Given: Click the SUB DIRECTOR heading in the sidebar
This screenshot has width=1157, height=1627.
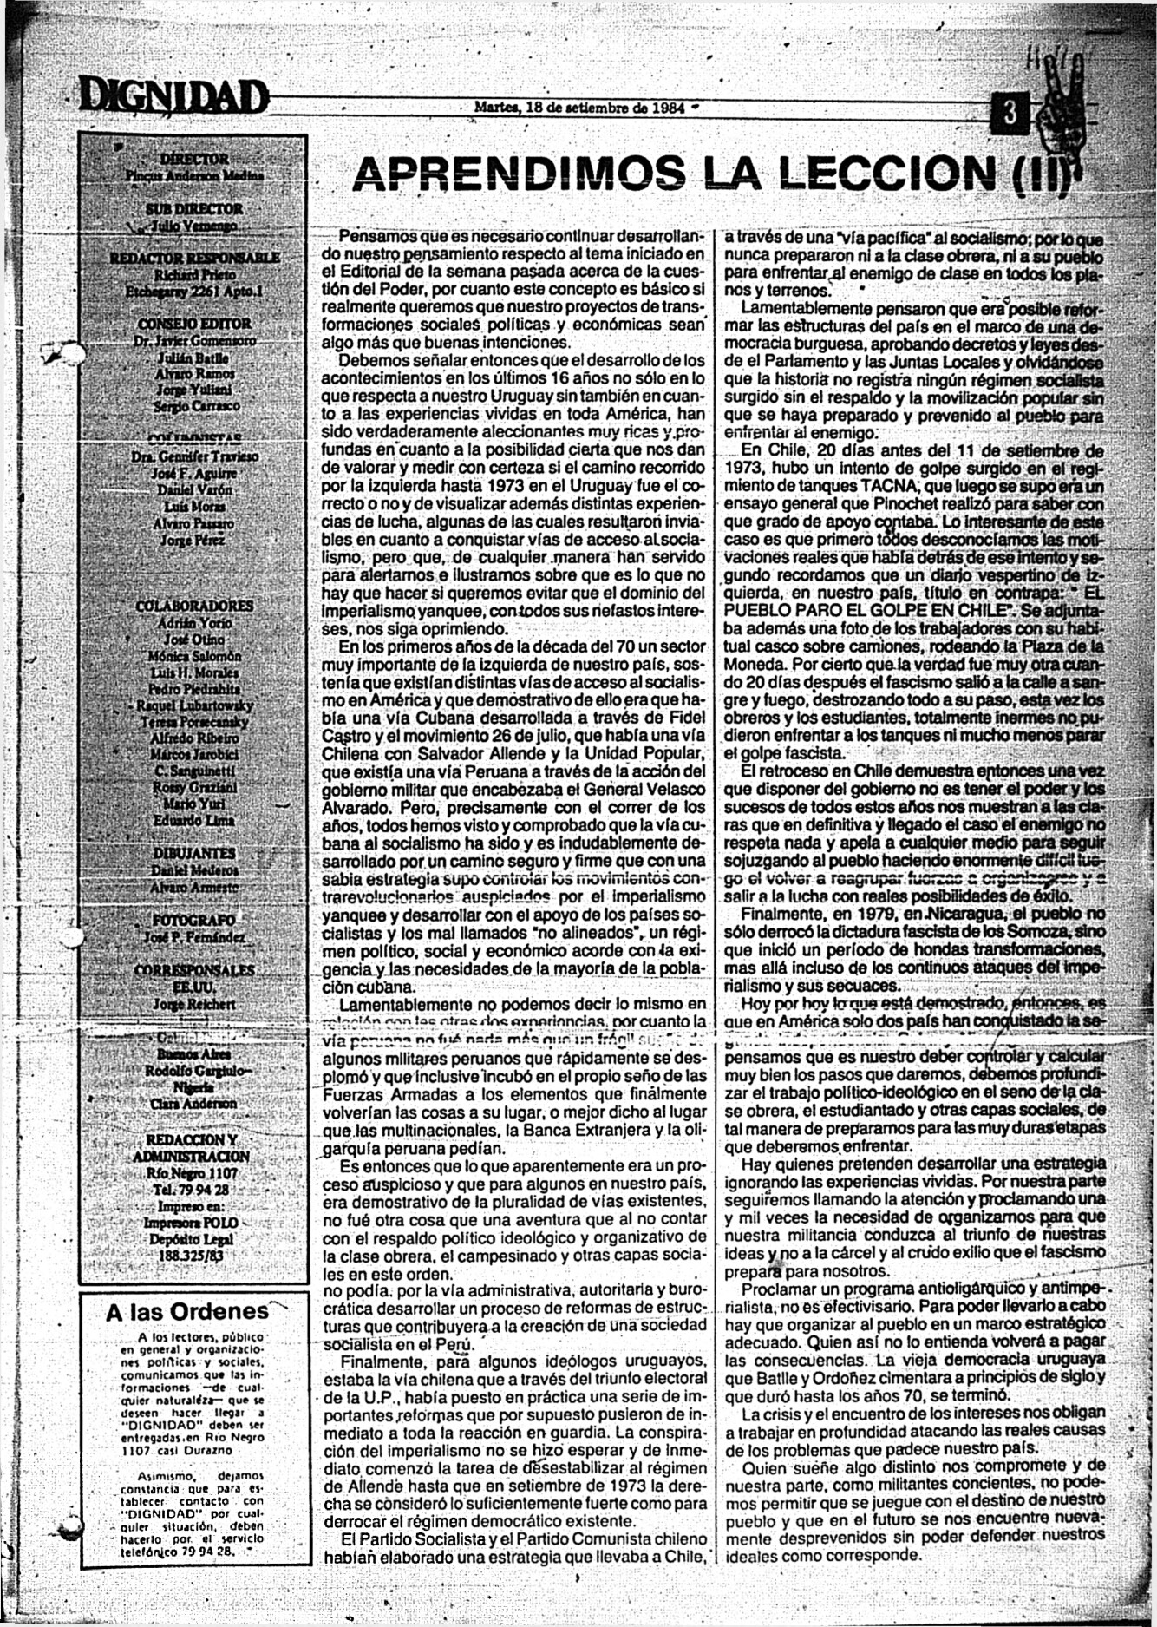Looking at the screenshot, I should click(x=194, y=209).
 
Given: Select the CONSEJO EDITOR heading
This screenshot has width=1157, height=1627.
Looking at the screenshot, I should click(x=190, y=324).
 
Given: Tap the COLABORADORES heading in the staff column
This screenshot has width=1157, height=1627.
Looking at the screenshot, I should click(x=194, y=606).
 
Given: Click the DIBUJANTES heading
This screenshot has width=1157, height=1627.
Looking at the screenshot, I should click(x=194, y=853).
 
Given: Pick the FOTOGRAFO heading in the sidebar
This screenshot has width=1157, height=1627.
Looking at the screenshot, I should click(x=193, y=920).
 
